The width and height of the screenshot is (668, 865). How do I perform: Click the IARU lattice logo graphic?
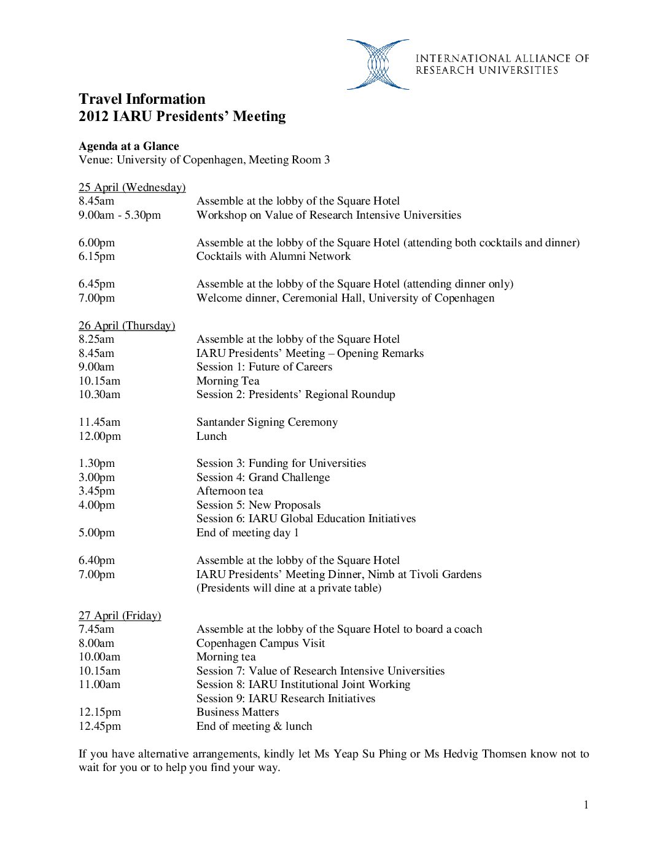378,65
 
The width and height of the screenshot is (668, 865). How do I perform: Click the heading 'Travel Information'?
142,99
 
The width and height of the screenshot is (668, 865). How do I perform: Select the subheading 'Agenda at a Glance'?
129,146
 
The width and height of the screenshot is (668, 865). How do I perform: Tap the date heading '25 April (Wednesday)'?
132,187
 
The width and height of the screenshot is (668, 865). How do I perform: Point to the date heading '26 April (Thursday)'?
126,326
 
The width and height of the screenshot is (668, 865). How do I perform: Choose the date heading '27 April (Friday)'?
120,616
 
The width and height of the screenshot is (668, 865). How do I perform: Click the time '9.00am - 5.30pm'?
120,215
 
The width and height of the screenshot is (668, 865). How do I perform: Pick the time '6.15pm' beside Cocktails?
96,256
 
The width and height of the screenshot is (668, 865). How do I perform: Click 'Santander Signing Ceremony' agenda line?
267,422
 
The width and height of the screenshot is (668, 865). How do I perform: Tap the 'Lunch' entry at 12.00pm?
212,436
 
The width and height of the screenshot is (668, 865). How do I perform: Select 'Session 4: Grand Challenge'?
263,477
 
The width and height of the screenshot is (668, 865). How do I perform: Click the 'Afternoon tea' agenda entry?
230,491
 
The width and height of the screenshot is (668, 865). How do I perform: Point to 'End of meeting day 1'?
247,533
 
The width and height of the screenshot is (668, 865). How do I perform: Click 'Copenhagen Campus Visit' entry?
260,643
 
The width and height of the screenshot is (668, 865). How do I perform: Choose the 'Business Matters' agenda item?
238,712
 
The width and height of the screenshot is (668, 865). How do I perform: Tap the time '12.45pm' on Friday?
99,726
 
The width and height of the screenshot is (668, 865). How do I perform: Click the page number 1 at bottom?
586,805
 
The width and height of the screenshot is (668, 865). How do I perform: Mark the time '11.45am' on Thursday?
99,422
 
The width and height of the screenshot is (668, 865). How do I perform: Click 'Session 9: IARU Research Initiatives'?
285,699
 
